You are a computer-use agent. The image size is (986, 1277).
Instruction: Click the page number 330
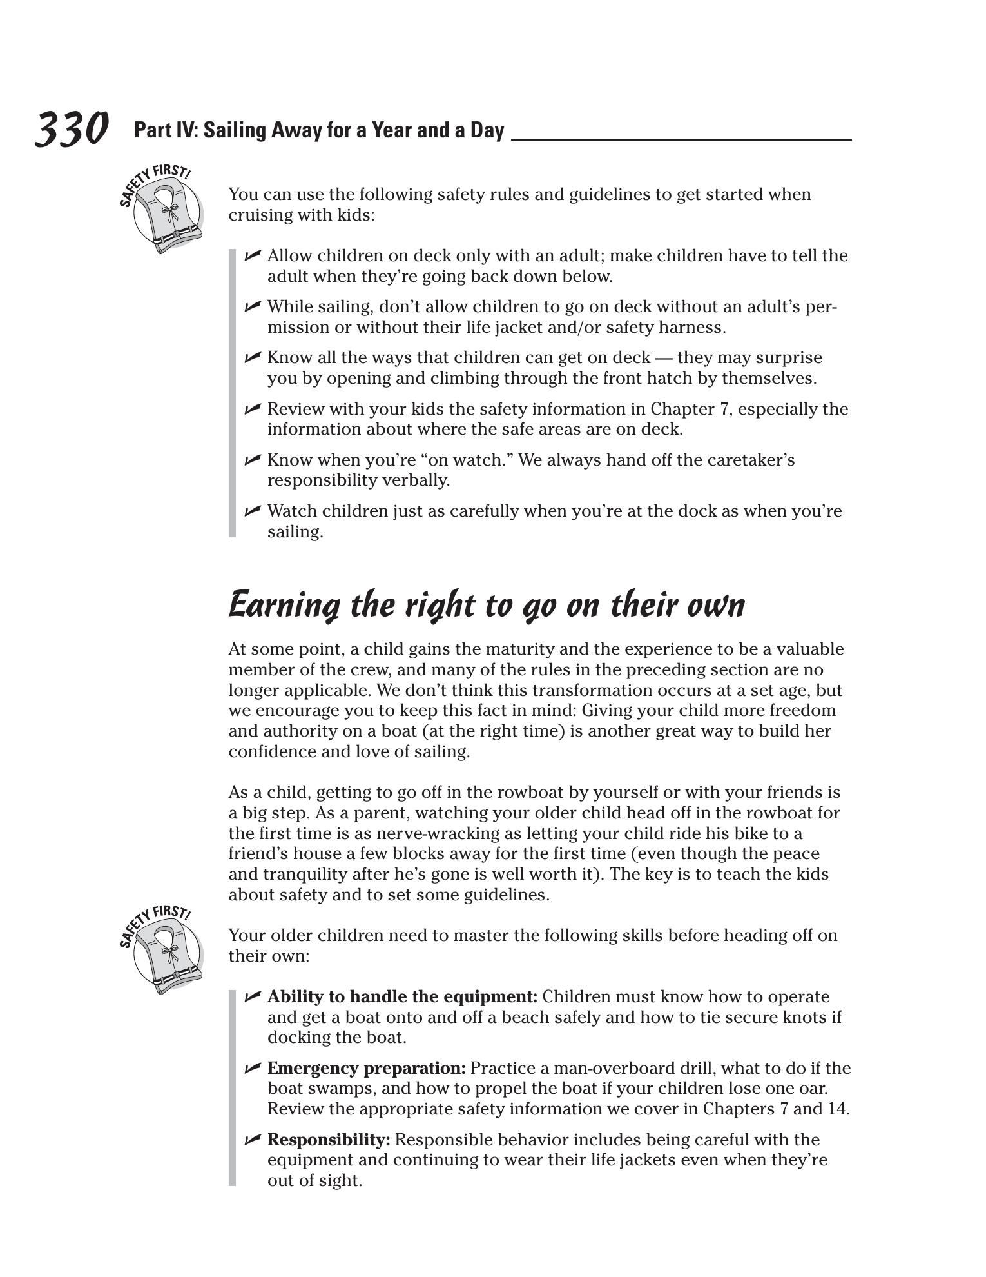pyautogui.click(x=71, y=129)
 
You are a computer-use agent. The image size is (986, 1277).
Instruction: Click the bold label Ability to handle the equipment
pyautogui.click(x=402, y=997)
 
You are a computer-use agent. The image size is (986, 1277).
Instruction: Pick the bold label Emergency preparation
pyautogui.click(x=366, y=1069)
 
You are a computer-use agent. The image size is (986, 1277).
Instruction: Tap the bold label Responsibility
pyautogui.click(x=329, y=1140)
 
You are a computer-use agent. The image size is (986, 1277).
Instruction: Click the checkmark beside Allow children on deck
pyautogui.click(x=253, y=255)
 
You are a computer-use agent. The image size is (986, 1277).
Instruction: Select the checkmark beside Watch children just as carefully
pyautogui.click(x=253, y=511)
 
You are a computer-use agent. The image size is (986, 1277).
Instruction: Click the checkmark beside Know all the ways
pyautogui.click(x=253, y=357)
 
